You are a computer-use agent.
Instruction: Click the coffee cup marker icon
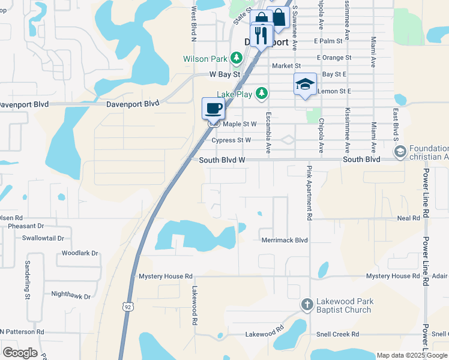pos(214,109)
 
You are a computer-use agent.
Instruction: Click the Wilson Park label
pos(205,59)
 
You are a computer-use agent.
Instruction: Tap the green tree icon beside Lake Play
pos(262,93)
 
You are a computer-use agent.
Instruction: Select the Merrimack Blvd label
pos(285,240)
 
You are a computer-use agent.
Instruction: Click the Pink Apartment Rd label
pos(310,192)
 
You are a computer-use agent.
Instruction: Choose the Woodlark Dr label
pos(79,253)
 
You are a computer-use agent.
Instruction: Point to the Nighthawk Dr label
pos(71,295)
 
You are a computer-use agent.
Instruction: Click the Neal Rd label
pos(408,218)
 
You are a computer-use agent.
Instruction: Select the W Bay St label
pos(224,74)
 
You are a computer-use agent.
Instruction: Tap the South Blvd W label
pos(222,160)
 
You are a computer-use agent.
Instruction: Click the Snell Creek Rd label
pos(338,334)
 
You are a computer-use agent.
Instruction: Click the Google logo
pos(20,353)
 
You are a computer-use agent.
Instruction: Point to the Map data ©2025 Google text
pos(412,355)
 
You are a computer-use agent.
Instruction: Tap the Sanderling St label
pos(28,280)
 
